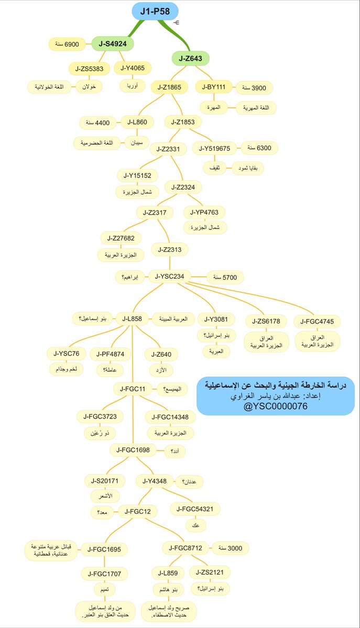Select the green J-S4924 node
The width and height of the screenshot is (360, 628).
(x=112, y=44)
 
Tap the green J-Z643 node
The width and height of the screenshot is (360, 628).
(x=191, y=58)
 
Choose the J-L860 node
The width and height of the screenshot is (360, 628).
(x=137, y=122)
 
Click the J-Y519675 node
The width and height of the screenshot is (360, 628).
(x=215, y=149)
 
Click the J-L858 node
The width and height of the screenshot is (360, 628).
(x=132, y=318)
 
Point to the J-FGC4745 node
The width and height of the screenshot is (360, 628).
(x=317, y=321)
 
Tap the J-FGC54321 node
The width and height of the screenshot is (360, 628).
(x=195, y=509)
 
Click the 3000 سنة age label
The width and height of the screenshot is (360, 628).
(x=230, y=548)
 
